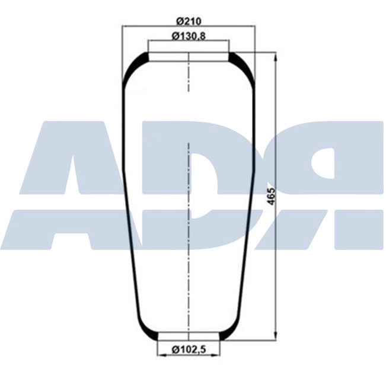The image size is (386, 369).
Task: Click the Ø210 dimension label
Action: coord(188,21)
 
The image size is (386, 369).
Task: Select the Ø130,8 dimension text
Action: coord(188,36)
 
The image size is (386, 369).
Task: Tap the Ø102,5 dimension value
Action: coord(188,349)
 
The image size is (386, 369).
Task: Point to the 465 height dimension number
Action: coord(272,197)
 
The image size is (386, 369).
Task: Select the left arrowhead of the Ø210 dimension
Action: coord(125,26)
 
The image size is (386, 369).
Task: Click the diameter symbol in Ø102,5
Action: coord(176,349)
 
